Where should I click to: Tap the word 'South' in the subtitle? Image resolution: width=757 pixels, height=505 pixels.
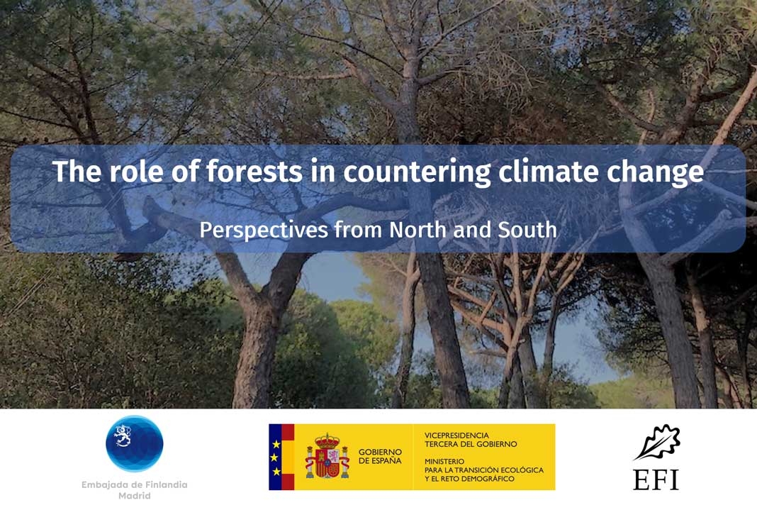coord(529,230)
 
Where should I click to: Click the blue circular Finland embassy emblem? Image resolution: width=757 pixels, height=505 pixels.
coord(135,443)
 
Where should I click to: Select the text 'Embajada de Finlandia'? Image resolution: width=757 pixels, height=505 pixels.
coord(135,484)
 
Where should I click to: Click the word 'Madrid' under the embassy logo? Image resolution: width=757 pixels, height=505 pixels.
coord(135,496)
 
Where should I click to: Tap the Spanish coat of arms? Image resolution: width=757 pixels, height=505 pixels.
coord(327,456)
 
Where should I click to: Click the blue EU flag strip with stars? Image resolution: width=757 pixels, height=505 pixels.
coord(275,457)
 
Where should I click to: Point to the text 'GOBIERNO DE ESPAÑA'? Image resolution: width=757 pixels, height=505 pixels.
coord(380,456)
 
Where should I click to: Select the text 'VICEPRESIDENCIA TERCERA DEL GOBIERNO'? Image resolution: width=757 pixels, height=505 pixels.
coord(470,439)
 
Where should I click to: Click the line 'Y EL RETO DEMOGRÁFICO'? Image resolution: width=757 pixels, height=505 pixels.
coord(469,479)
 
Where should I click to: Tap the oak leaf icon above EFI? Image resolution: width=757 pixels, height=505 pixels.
coord(656,442)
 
